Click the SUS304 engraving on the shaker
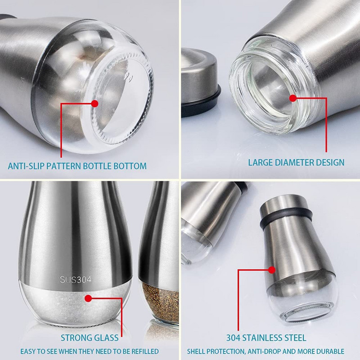[76, 279]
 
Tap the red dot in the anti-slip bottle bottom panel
[94, 103]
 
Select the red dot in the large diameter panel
[293, 98]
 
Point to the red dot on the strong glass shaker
[88, 298]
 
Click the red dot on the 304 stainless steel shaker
[272, 270]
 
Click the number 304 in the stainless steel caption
[233, 338]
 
